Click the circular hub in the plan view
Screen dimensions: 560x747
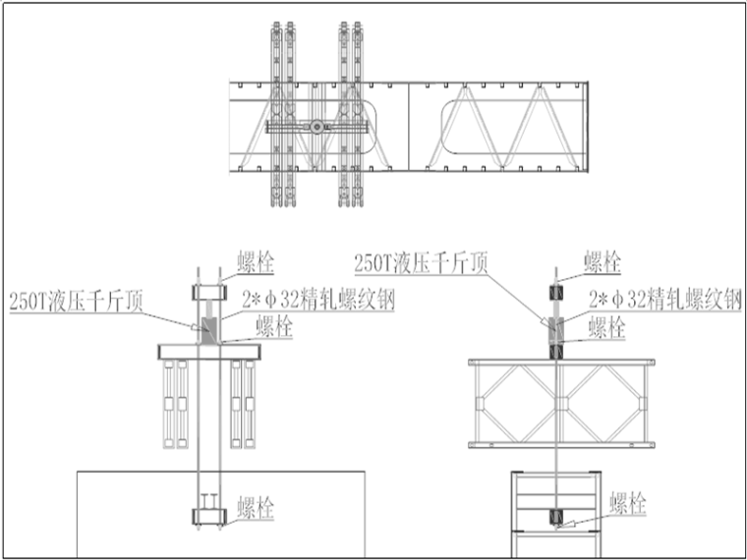pyautogui.click(x=316, y=127)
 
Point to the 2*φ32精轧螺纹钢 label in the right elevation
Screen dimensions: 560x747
pyautogui.click(x=664, y=300)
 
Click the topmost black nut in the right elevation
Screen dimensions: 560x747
pyautogui.click(x=556, y=293)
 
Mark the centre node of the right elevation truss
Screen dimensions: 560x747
pyautogui.click(x=556, y=403)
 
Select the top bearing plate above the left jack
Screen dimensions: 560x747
pyautogui.click(x=209, y=293)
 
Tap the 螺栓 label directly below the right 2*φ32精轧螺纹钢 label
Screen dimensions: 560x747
pyautogui.click(x=605, y=326)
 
